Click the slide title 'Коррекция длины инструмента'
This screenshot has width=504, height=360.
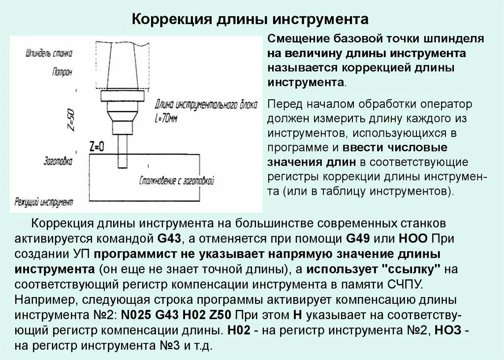[x=252, y=20]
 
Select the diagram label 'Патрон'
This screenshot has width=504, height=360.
[x=62, y=72]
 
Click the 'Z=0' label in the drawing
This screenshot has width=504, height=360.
[x=97, y=146]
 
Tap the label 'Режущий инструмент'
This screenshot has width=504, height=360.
[x=44, y=202]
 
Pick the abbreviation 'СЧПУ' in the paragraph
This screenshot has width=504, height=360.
[x=400, y=285]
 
